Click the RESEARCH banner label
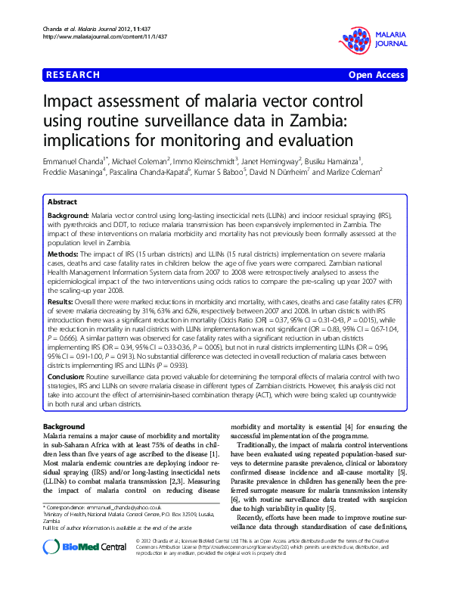pos(73,75)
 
